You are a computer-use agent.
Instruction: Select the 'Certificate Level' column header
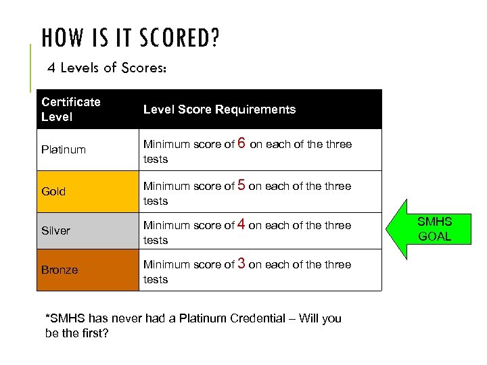point(70,109)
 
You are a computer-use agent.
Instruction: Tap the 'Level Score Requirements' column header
point(219,109)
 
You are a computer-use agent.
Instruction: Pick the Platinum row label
point(64,149)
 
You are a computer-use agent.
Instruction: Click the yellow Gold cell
point(87,191)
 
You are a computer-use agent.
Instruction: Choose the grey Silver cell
point(87,230)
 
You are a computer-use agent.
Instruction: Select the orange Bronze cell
point(87,270)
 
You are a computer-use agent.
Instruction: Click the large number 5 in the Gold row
point(241,185)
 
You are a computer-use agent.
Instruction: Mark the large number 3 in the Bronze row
point(241,264)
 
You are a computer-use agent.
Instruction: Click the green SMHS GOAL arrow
point(429,229)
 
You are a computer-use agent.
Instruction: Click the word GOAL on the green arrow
point(434,237)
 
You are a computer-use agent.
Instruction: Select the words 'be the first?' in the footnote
point(76,333)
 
